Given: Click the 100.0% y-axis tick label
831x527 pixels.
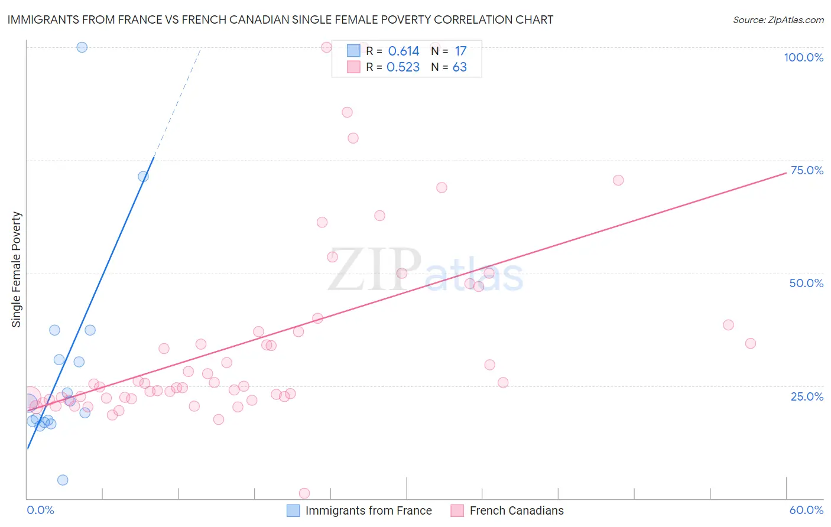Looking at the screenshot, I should click(803, 57).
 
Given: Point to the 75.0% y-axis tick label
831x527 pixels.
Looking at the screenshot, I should click(807, 170).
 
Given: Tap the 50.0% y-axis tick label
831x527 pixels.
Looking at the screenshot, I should click(806, 283).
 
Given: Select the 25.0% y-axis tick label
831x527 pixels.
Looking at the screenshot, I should click(807, 396).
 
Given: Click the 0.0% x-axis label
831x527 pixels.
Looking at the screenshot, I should click(40, 510).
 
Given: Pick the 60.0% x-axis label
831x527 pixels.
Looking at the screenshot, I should click(806, 510).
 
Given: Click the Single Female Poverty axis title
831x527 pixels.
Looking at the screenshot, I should click(17, 269).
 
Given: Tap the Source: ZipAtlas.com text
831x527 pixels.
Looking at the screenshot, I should click(778, 20).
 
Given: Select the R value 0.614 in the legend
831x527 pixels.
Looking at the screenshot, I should click(403, 51).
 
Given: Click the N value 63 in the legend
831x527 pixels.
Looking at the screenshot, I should click(459, 67).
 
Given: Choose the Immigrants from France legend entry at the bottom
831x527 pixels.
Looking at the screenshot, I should click(368, 510).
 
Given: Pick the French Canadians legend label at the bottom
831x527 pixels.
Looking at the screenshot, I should click(516, 510).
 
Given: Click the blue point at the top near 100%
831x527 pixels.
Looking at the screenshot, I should click(82, 47).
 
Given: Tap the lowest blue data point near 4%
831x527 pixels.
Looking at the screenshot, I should click(63, 480).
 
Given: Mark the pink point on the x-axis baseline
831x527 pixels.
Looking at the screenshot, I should click(304, 493).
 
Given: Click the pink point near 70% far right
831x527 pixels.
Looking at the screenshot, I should click(618, 180).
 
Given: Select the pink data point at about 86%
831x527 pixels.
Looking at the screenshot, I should click(347, 112).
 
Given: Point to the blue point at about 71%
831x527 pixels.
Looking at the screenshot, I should click(143, 177).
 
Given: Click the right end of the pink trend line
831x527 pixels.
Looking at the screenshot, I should click(786, 173).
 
